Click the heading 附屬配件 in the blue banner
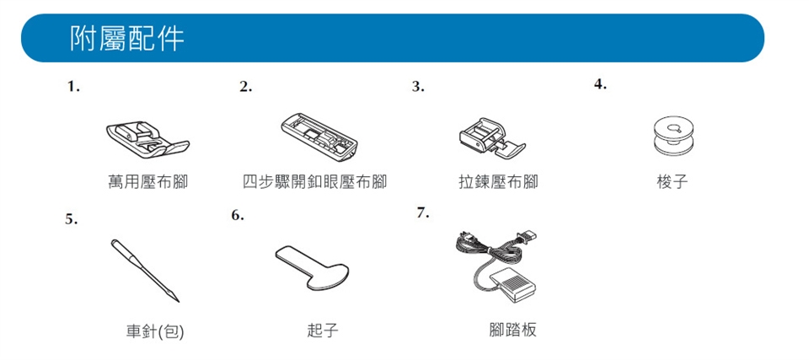point(127,39)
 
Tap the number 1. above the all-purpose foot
point(74,88)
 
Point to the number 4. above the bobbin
point(600,85)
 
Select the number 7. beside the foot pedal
point(423,212)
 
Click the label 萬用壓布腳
point(147,182)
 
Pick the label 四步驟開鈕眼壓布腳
point(314,182)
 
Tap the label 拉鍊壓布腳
point(498,182)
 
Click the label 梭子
point(672,182)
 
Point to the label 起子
point(323,330)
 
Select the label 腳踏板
point(513,330)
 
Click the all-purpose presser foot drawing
point(147,138)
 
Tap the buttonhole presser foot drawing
point(320,134)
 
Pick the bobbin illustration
point(672,136)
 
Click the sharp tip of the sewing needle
point(179,302)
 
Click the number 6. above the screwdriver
point(238,215)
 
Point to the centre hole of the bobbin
point(673,129)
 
